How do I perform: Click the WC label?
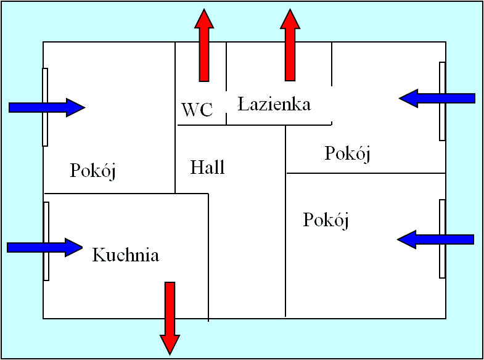pos(197,110)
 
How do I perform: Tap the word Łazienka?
pos(274,104)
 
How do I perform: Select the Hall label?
pos(207,168)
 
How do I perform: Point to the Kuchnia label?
pos(126,255)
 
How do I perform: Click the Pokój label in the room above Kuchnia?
pos(93,171)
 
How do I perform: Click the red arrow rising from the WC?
pos(204,45)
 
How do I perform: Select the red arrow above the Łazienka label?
pos(290,45)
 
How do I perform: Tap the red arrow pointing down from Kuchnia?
pos(170,318)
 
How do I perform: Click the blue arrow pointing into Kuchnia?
pos(45,247)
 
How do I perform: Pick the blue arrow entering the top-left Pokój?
pos(47,108)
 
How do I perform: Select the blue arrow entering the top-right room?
pos(437,99)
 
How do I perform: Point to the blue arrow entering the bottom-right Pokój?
pos(435,239)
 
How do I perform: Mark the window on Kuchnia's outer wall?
pos(46,241)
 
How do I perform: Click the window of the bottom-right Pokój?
pos(442,239)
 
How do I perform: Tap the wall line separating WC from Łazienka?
pos(226,83)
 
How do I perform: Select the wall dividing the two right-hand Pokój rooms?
pos(366,173)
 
